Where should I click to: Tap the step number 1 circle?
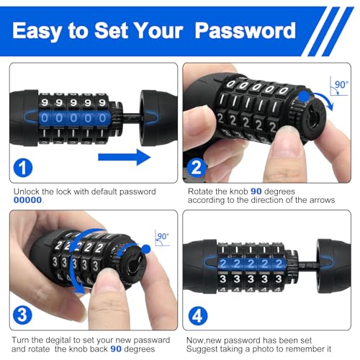(24, 168)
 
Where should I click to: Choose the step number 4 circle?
(197, 315)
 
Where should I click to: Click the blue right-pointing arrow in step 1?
(124, 156)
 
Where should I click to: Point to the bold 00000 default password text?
(30, 201)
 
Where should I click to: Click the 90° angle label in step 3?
(161, 235)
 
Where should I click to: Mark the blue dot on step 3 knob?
(148, 248)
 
